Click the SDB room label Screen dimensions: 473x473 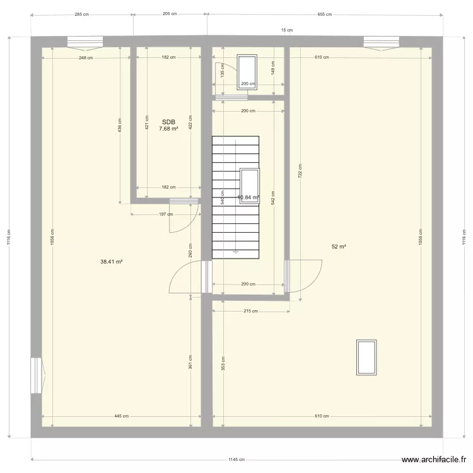point(168,122)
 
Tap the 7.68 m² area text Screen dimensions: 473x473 point(168,129)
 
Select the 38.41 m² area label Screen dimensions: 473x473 point(111,261)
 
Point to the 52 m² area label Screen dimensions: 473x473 point(339,247)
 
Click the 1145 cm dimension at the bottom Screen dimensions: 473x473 point(237,460)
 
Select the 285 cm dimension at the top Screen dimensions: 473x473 point(81,13)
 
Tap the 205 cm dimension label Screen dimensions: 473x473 point(170,13)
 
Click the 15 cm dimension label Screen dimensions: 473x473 point(287,30)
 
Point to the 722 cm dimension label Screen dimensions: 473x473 point(300,170)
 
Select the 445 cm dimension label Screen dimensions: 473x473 point(122,416)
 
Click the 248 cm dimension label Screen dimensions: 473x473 point(86,57)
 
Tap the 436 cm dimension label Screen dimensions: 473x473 point(120,126)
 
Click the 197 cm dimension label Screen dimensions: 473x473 point(166,214)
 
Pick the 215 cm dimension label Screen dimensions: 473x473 point(251,311)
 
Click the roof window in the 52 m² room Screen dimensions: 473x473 point(366,357)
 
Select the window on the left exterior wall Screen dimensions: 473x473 point(36,376)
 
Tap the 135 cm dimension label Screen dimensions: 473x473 point(223,73)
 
